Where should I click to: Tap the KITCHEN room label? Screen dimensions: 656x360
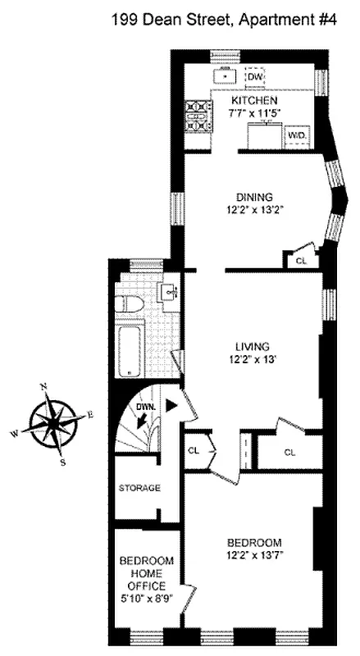(x=250, y=99)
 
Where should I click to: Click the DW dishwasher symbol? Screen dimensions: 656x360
(x=256, y=76)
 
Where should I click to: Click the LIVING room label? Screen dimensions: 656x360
(x=251, y=346)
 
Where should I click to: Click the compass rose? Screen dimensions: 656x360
(x=55, y=421)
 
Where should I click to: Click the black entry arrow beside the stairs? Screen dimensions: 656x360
(x=171, y=405)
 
